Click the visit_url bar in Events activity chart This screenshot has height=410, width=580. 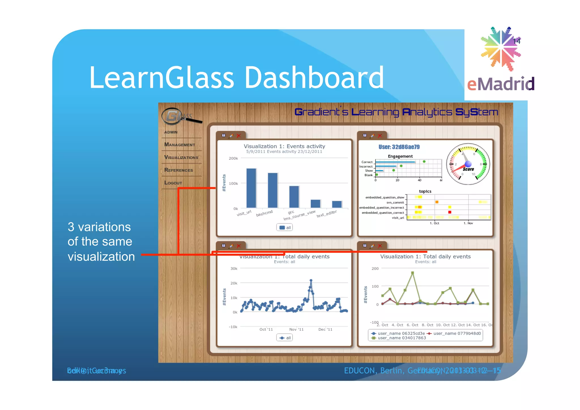click(x=251, y=188)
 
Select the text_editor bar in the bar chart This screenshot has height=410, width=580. click(x=337, y=204)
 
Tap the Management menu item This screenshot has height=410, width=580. click(x=180, y=145)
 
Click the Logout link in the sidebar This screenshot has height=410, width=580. click(x=173, y=183)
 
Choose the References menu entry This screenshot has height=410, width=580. click(x=178, y=170)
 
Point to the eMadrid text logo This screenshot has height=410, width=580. click(x=500, y=84)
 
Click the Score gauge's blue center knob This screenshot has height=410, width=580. click(x=468, y=164)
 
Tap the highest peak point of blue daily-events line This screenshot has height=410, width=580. click(x=311, y=280)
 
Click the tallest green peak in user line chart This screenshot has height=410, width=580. click(x=412, y=273)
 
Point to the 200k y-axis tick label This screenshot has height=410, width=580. click(x=233, y=158)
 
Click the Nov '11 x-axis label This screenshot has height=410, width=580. click(x=296, y=329)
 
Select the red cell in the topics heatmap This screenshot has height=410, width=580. click(x=450, y=212)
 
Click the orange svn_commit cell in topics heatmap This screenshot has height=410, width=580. click(x=437, y=202)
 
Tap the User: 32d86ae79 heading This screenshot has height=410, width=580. click(x=399, y=147)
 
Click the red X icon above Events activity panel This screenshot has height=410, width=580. click(x=239, y=136)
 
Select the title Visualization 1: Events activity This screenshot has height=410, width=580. click(x=284, y=146)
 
